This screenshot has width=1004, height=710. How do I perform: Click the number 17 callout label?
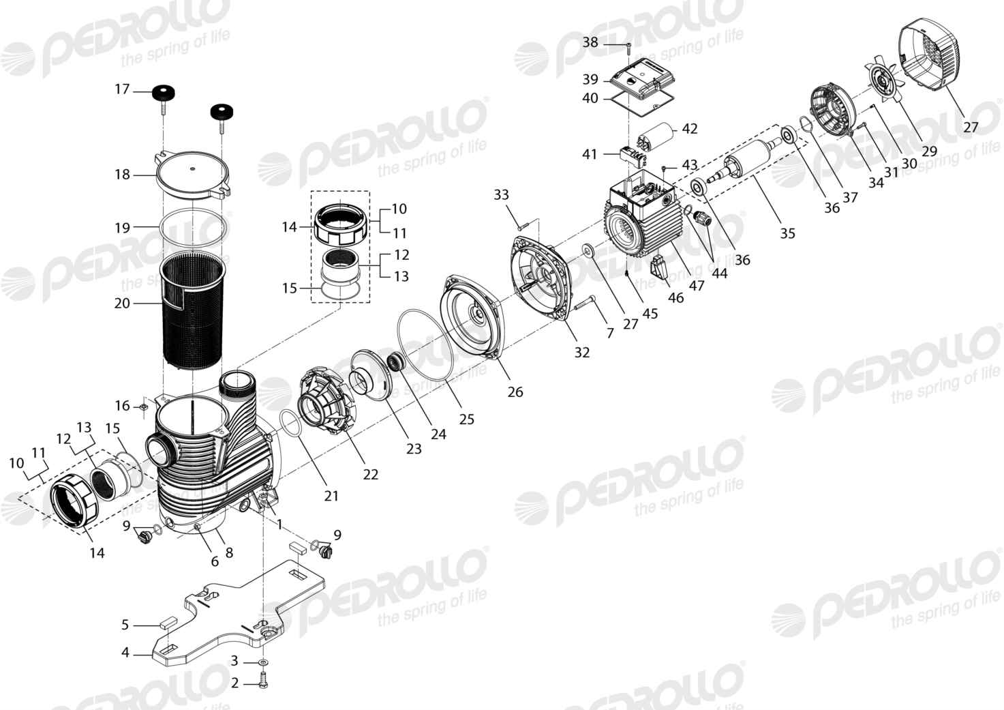(122, 89)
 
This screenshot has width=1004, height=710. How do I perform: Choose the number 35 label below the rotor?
(787, 233)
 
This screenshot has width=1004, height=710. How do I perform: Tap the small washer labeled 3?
(264, 662)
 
